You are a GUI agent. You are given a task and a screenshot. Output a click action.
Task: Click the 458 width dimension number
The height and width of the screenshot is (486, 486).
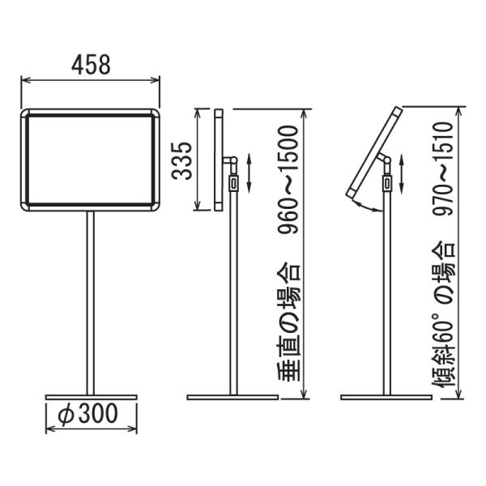(91, 65)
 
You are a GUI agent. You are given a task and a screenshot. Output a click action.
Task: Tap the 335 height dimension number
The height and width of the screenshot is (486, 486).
(182, 161)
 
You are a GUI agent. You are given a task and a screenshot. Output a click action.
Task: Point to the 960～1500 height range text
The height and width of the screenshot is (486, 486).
(288, 179)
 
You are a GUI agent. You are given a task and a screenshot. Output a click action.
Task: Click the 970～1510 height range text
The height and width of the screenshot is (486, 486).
(443, 168)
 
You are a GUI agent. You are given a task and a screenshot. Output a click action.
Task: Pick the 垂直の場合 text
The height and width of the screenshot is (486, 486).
(288, 322)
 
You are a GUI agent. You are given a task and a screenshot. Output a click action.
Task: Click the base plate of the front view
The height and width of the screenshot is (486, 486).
(91, 397)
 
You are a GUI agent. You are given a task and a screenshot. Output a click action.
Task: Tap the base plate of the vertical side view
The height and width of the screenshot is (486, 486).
(232, 397)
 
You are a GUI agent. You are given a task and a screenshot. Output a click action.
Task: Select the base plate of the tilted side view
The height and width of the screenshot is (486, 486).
(386, 397)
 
